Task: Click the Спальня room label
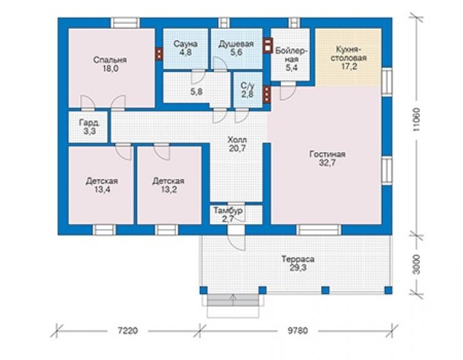click(110, 60)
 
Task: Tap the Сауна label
click(185, 44)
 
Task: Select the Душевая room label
click(237, 44)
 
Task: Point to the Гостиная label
click(327, 154)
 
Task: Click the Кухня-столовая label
click(349, 53)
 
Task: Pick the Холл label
click(237, 140)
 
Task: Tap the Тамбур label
click(228, 211)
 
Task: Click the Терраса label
click(298, 259)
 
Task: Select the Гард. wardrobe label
click(89, 123)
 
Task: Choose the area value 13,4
click(102, 190)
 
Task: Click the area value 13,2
click(169, 190)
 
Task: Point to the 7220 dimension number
click(128, 330)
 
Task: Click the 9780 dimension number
click(298, 330)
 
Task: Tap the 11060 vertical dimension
click(416, 120)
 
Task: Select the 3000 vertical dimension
click(416, 264)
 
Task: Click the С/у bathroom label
click(247, 86)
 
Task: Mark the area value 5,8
click(196, 91)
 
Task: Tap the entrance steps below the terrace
click(233, 300)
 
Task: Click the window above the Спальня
click(125, 23)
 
